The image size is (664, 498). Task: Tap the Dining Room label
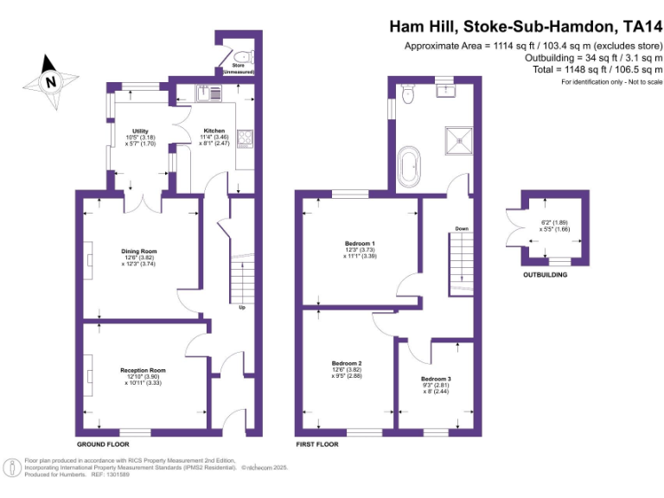pyautogui.click(x=138, y=252)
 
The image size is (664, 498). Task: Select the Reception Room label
pyautogui.click(x=143, y=370)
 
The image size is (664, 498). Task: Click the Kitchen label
pyautogui.click(x=214, y=131)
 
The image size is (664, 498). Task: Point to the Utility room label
pyautogui.click(x=141, y=131)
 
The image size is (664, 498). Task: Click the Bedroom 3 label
pyautogui.click(x=437, y=379)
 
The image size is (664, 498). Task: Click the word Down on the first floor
pyautogui.click(x=461, y=229)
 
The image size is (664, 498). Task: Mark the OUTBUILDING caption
pyautogui.click(x=545, y=275)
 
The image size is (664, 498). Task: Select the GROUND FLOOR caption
pyautogui.click(x=103, y=444)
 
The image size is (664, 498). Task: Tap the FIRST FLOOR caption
pyautogui.click(x=318, y=444)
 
